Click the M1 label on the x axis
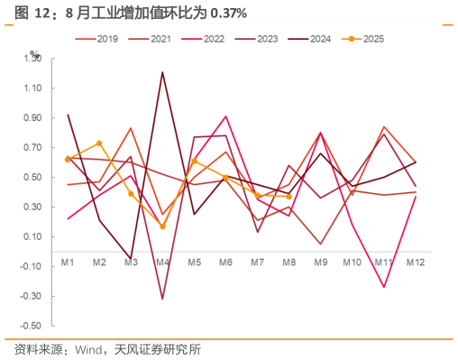click(x=68, y=263)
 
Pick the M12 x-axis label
click(x=416, y=263)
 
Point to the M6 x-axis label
click(x=225, y=263)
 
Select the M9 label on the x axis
click(x=321, y=263)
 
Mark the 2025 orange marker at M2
click(x=99, y=143)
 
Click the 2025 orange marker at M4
click(x=162, y=226)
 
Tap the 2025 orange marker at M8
click(x=289, y=196)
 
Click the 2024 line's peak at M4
click(x=162, y=72)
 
